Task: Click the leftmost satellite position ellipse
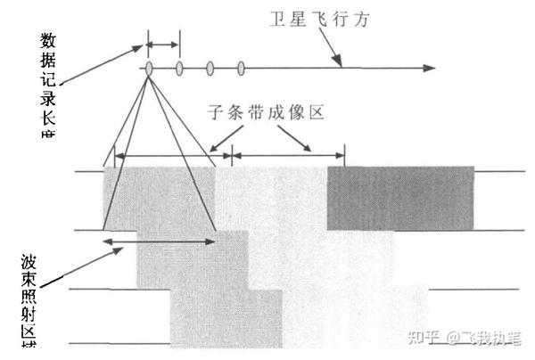(x=148, y=68)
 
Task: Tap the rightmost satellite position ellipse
(x=242, y=68)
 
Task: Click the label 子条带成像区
(x=264, y=112)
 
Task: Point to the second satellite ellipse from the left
(x=179, y=68)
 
